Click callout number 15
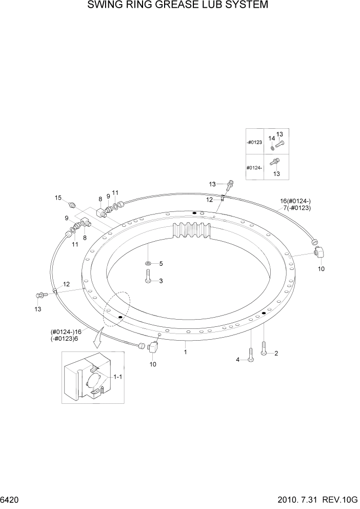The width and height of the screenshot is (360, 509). (58, 198)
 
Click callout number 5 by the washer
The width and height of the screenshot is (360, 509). (161, 264)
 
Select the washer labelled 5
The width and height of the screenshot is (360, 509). (148, 264)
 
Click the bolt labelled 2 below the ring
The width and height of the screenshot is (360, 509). (264, 349)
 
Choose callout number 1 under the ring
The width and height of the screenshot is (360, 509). (185, 353)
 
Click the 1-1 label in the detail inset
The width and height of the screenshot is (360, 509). (117, 377)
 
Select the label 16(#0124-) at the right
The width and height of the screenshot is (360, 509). (295, 201)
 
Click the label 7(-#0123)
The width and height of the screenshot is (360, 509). (297, 208)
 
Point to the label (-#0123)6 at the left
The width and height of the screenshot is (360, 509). (65, 339)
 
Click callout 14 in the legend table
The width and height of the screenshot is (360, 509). (272, 139)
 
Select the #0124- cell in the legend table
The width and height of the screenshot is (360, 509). (254, 168)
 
